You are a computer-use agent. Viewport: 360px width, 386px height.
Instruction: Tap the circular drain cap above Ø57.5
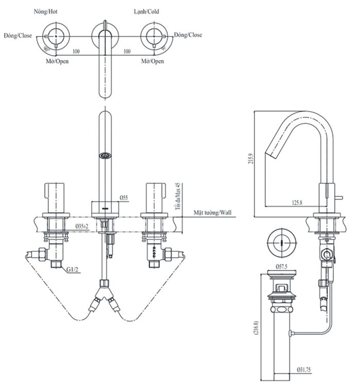point(281,240)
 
